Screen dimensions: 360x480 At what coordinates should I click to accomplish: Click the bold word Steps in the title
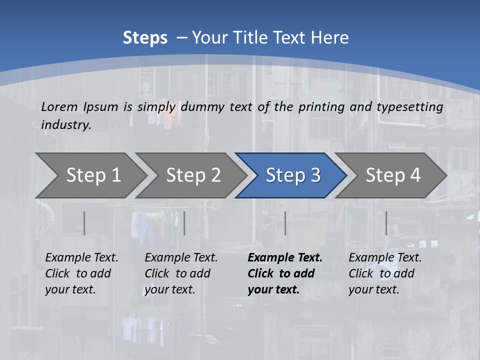145,38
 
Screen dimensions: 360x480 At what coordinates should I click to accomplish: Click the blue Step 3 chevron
293,175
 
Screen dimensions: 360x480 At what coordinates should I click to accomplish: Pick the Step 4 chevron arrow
393,175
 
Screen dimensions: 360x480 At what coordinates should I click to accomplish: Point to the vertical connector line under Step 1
84,223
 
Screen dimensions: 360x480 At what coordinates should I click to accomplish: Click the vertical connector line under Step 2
184,223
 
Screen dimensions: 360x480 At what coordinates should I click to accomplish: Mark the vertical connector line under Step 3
285,223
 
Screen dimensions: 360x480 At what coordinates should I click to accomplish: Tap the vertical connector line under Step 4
386,223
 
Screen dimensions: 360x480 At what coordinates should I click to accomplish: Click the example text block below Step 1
81,273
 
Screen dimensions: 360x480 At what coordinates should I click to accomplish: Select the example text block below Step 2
181,273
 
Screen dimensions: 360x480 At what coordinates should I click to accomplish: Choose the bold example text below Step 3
285,273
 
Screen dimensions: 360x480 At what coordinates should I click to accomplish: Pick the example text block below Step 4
385,273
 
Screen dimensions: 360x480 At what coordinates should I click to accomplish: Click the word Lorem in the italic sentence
59,107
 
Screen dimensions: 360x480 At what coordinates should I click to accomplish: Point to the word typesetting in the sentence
409,107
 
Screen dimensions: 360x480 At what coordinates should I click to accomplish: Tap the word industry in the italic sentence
66,125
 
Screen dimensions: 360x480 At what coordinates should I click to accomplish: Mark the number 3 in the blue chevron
315,175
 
